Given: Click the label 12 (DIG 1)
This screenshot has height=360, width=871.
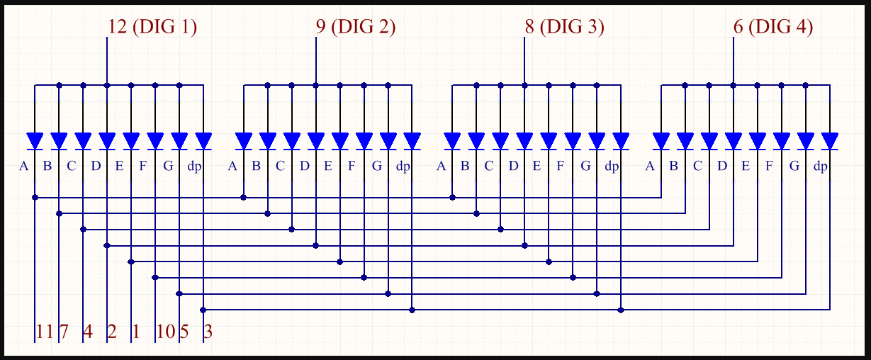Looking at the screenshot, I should click(x=152, y=27).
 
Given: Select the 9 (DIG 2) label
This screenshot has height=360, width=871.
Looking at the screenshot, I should click(x=355, y=27).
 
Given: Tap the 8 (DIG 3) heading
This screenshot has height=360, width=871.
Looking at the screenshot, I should click(x=564, y=27).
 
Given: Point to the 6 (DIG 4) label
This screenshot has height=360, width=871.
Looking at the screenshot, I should click(x=772, y=27).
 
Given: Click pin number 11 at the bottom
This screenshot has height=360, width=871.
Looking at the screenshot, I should click(x=44, y=332).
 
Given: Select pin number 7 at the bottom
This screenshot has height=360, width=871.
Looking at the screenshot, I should click(x=64, y=332).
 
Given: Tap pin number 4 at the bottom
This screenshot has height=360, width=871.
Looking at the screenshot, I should click(x=88, y=332).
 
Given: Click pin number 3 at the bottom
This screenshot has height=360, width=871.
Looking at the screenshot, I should click(x=208, y=332).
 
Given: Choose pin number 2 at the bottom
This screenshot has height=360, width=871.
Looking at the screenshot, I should click(x=112, y=332).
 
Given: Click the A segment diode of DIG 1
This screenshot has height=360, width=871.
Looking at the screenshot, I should click(x=35, y=140).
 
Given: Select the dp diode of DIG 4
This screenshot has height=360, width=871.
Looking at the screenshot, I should click(x=830, y=140).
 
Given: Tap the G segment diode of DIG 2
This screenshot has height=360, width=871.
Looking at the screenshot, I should click(x=388, y=140).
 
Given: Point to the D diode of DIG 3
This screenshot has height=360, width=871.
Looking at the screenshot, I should click(x=524, y=140).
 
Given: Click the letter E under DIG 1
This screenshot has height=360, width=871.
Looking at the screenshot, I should click(x=119, y=167).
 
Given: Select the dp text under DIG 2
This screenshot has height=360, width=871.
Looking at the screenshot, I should click(x=403, y=167).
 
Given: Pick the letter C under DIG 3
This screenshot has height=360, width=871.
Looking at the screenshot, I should click(x=489, y=167).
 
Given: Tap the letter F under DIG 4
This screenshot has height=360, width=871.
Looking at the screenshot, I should click(x=770, y=167).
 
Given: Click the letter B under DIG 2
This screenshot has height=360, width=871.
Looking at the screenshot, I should click(x=257, y=167).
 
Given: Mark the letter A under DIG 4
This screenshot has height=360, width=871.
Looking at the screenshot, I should click(x=650, y=167).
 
